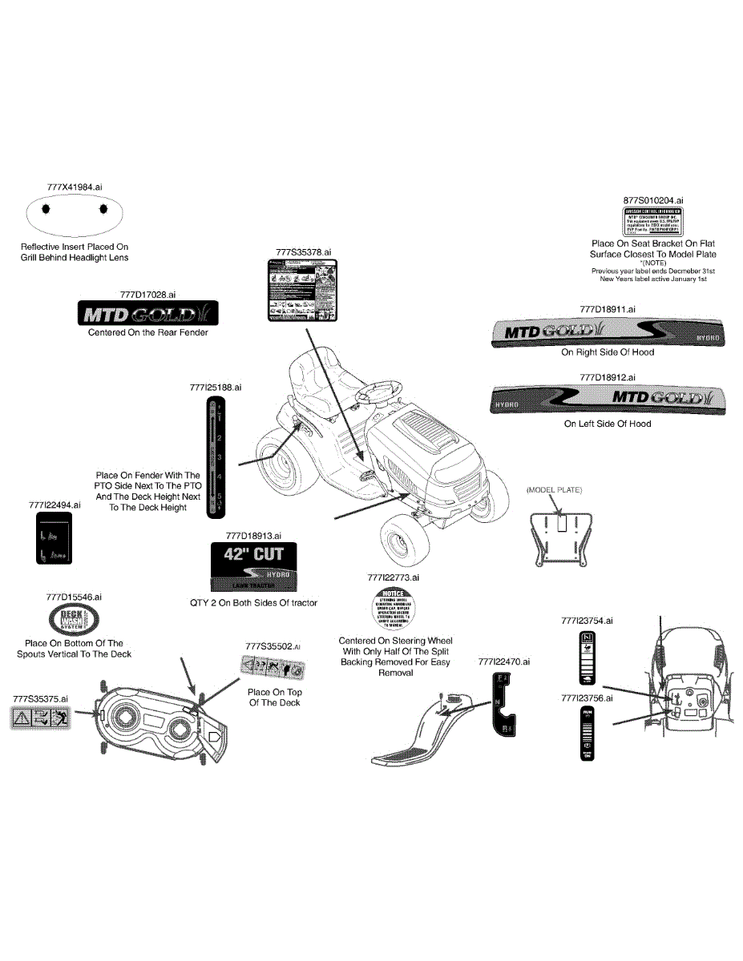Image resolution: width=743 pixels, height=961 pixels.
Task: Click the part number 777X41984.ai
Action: click(x=75, y=186)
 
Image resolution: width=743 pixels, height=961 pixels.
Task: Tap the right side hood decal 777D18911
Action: click(x=607, y=332)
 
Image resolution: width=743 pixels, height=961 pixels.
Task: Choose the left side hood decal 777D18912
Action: click(x=607, y=400)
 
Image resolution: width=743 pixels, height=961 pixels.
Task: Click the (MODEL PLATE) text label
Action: click(x=554, y=489)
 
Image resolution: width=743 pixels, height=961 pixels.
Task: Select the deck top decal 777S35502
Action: click(x=273, y=667)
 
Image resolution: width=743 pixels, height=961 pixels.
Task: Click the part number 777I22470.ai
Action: click(x=503, y=661)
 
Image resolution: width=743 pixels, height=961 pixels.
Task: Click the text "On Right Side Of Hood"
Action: click(x=607, y=352)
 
